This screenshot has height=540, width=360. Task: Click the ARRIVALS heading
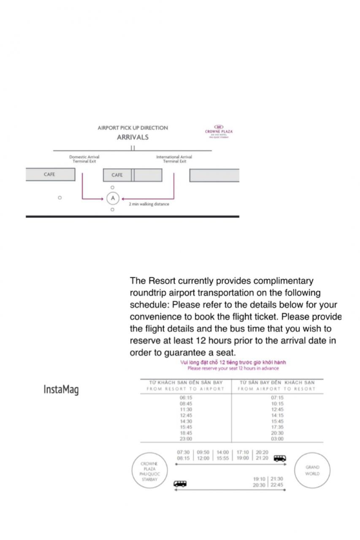(133, 137)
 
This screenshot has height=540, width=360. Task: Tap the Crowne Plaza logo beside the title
(219, 130)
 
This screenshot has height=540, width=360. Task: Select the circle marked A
(113, 198)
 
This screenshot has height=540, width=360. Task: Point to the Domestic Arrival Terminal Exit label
(84, 159)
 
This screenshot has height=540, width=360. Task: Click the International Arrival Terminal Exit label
(174, 159)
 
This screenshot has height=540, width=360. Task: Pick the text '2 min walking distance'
(149, 204)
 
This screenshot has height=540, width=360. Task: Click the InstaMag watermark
(61, 389)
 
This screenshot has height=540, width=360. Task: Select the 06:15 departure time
(186, 398)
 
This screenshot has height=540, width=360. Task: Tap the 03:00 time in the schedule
(277, 439)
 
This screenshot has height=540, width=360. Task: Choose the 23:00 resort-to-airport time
(186, 439)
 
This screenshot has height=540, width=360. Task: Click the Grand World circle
(312, 470)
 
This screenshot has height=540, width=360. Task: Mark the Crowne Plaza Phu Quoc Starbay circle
(149, 472)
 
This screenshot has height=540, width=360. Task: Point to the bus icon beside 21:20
(280, 458)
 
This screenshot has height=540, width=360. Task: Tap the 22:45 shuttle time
(277, 485)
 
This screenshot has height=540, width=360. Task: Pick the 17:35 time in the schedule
(277, 427)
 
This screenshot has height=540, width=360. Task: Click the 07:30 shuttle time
(183, 452)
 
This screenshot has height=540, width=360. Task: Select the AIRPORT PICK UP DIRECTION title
(133, 128)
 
